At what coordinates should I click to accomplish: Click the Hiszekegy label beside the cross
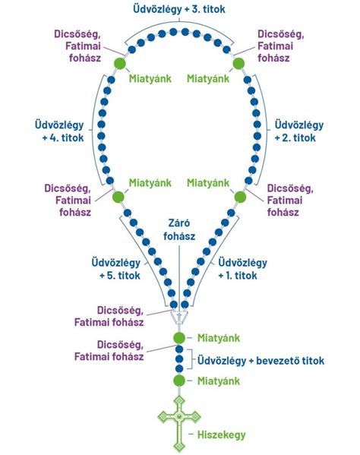click(x=221, y=434)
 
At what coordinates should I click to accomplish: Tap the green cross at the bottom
click(x=179, y=424)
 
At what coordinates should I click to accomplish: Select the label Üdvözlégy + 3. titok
click(x=179, y=9)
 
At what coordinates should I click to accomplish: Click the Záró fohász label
click(x=179, y=229)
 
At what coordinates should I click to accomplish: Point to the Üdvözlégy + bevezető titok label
click(x=261, y=361)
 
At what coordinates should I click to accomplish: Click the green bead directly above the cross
click(x=179, y=381)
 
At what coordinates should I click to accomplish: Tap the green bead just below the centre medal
click(x=179, y=338)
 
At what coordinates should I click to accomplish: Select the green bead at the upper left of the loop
click(x=119, y=63)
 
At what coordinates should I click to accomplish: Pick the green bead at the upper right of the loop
click(x=238, y=63)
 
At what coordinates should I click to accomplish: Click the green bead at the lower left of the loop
click(x=118, y=197)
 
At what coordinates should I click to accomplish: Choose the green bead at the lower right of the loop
click(x=240, y=197)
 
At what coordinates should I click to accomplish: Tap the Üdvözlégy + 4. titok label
click(x=59, y=131)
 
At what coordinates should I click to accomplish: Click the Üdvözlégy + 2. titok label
click(x=299, y=131)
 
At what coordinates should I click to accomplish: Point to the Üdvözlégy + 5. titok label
click(x=116, y=269)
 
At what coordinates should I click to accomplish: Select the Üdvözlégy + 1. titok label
click(x=242, y=269)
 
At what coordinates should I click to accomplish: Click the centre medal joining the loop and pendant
click(x=179, y=318)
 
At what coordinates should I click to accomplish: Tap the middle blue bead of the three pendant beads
click(x=179, y=359)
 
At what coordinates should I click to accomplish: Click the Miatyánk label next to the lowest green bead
click(x=219, y=381)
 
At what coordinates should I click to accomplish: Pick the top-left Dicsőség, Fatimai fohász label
click(x=77, y=46)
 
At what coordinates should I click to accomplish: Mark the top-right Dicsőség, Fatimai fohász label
click(x=281, y=46)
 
